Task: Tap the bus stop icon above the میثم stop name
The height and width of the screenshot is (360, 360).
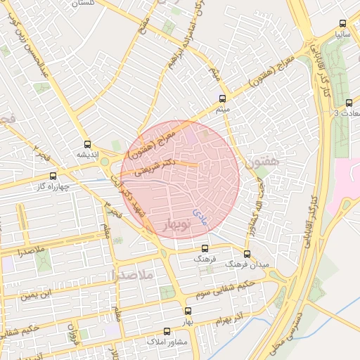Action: (x=223, y=98)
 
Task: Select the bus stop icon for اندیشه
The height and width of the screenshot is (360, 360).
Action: (x=87, y=142)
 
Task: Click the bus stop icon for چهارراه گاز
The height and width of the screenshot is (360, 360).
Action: (x=53, y=176)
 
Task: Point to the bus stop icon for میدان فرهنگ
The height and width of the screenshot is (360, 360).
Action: (x=247, y=254)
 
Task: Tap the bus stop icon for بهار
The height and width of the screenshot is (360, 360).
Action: (x=187, y=310)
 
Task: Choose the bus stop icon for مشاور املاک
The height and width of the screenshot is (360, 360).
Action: (x=167, y=330)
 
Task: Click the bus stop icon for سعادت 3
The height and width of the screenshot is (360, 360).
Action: (x=349, y=103)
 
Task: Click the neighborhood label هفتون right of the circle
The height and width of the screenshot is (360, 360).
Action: (x=263, y=162)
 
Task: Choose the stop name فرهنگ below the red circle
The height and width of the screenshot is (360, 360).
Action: (x=205, y=259)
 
